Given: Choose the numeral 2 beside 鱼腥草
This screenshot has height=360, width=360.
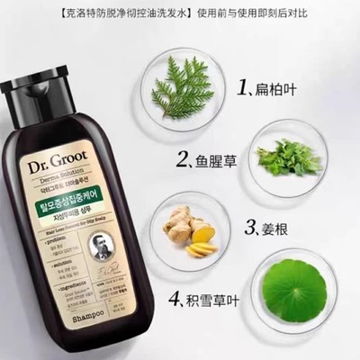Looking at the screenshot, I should pyautogui.click(x=182, y=161).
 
